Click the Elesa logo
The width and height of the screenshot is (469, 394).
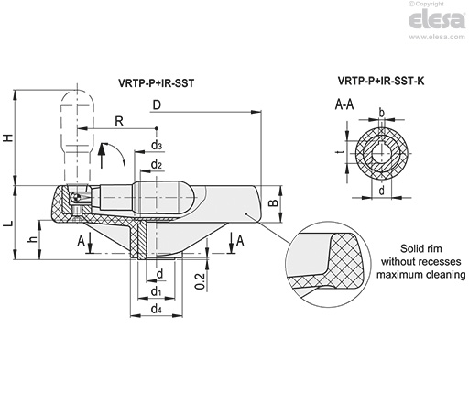[437, 19]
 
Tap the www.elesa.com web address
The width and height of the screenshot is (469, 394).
[437, 37]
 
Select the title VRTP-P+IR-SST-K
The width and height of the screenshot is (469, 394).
[381, 81]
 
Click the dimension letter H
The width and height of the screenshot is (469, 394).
[9, 137]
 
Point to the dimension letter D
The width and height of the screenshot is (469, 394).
[157, 105]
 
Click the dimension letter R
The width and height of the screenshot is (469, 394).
[119, 121]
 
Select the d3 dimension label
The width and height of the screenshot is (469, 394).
[157, 145]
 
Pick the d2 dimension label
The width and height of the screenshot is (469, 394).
[156, 165]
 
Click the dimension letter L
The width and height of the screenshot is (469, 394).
[9, 224]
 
